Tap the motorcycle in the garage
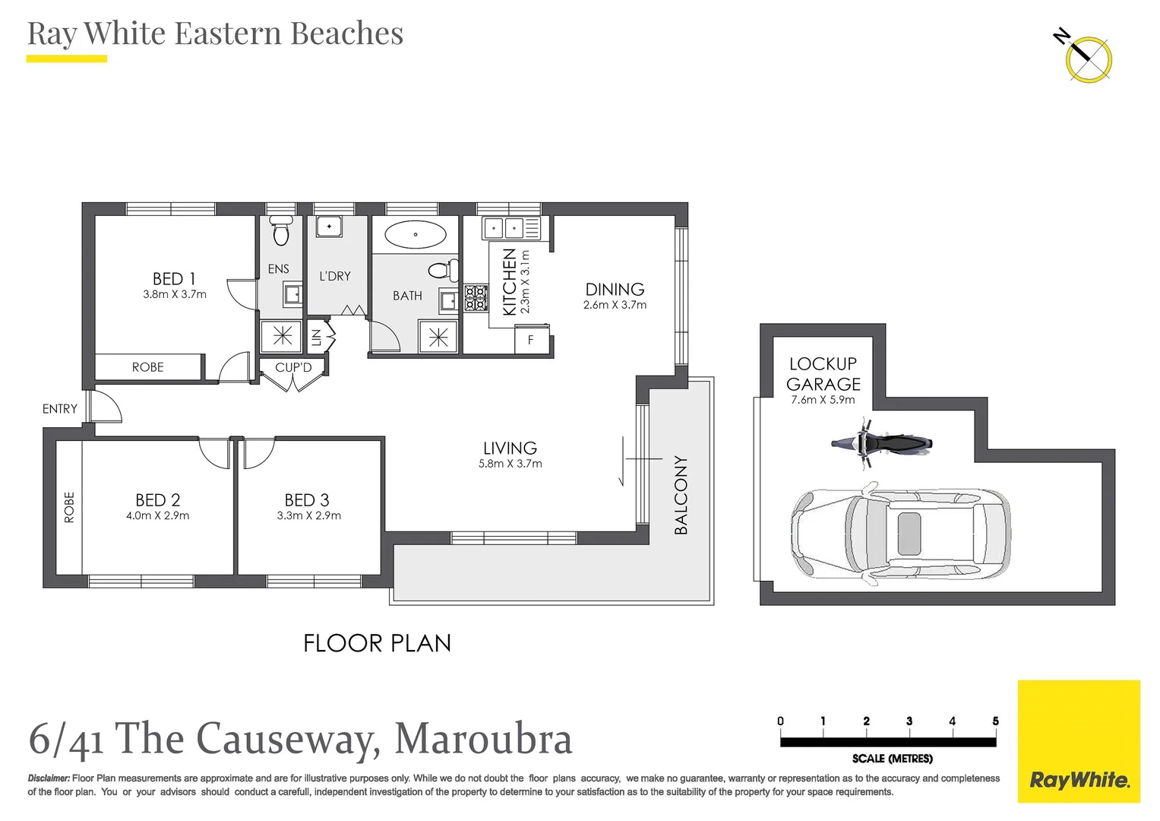pyautogui.click(x=881, y=443)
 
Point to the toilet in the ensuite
pyautogui.click(x=281, y=231)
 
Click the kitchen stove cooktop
pyautogui.click(x=476, y=297)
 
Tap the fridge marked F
pyautogui.click(x=531, y=340)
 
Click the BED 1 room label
pyautogui.click(x=174, y=279)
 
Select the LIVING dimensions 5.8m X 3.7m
pyautogui.click(x=510, y=464)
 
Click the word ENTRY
pyautogui.click(x=60, y=409)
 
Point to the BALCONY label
pyautogui.click(x=681, y=495)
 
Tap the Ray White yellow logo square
pyautogui.click(x=1079, y=741)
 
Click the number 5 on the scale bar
pyautogui.click(x=995, y=721)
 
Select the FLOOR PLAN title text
pyautogui.click(x=377, y=644)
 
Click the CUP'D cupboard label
pyautogui.click(x=293, y=367)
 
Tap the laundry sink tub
pyautogui.click(x=329, y=227)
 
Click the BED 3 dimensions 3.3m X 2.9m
pyautogui.click(x=308, y=515)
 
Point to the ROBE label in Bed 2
pyautogui.click(x=69, y=507)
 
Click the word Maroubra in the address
pyautogui.click(x=483, y=739)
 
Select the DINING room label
pyautogui.click(x=615, y=289)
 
